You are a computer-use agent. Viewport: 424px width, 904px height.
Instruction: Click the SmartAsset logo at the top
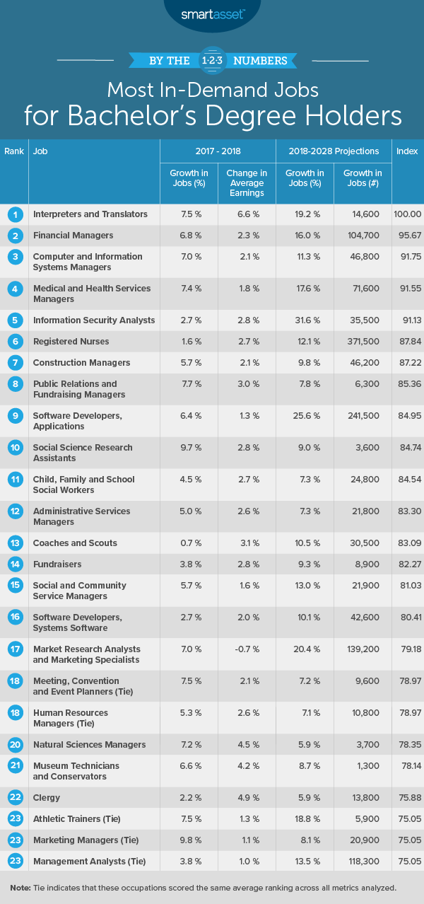(x=212, y=13)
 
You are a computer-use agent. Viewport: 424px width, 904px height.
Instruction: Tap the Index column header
(x=407, y=151)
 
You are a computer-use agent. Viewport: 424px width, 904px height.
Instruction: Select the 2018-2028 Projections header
(x=333, y=151)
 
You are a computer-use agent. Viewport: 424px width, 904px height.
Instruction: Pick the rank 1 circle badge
(x=14, y=214)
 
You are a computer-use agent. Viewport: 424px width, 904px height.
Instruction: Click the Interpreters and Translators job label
(x=90, y=214)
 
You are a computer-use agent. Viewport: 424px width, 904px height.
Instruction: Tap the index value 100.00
(x=407, y=214)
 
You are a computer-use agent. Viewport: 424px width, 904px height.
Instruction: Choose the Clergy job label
(x=47, y=797)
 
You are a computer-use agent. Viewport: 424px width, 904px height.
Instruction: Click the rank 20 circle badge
(x=14, y=744)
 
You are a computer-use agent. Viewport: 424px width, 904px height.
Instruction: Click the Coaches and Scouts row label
(x=75, y=543)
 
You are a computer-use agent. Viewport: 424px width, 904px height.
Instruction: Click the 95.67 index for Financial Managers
(x=408, y=236)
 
